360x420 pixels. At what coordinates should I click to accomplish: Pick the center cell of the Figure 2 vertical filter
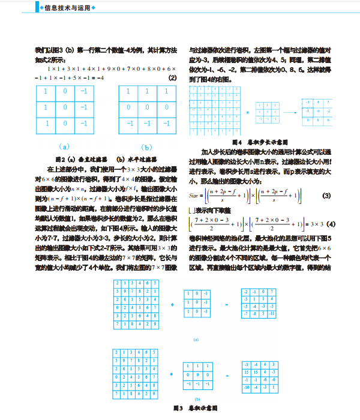tap(65, 107)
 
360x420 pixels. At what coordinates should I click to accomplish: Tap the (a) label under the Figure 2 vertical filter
tap(65, 146)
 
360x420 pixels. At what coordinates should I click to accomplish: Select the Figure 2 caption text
tap(106, 160)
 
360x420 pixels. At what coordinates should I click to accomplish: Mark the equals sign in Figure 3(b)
tap(227, 375)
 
